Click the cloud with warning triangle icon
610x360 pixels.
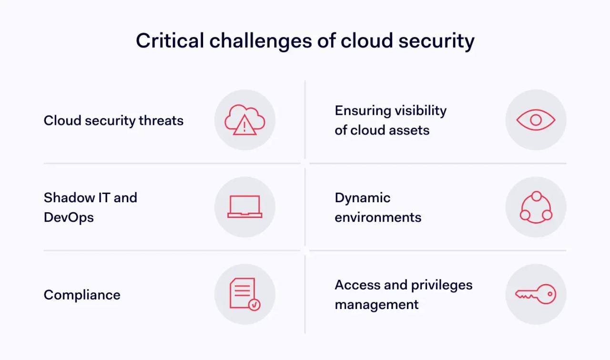pyautogui.click(x=244, y=120)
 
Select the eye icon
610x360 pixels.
pyautogui.click(x=536, y=120)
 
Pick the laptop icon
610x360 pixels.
pyautogui.click(x=244, y=207)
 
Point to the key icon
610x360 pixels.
pyautogui.click(x=536, y=294)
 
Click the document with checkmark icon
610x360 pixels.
pyautogui.click(x=244, y=294)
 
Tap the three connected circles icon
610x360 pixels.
pyautogui.click(x=536, y=207)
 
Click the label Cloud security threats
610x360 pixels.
pyautogui.click(x=113, y=121)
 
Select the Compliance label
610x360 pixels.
pyautogui.click(x=82, y=295)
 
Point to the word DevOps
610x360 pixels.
pyautogui.click(x=69, y=217)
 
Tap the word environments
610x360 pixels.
pyautogui.click(x=378, y=217)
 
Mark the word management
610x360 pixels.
pyautogui.click(x=376, y=305)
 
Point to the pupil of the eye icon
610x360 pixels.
pyautogui.click(x=536, y=120)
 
